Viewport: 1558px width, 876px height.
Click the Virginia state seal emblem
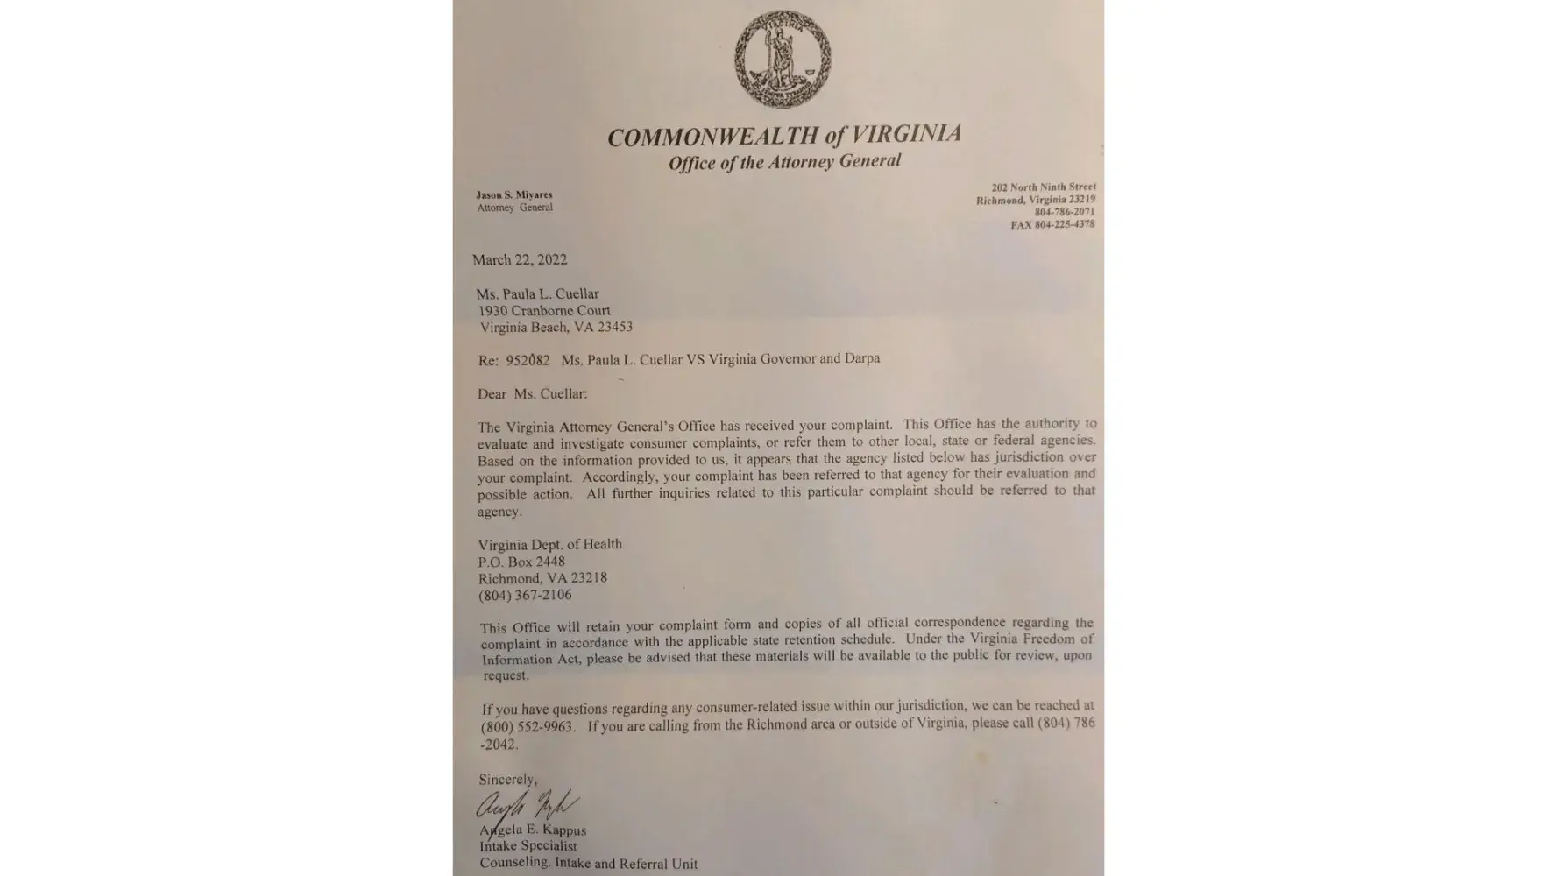point(783,59)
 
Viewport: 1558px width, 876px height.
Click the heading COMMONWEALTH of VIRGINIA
point(784,136)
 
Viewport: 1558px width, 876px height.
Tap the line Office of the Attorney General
point(784,162)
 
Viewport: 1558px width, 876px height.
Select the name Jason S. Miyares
point(514,194)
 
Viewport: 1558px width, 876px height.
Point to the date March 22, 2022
point(520,259)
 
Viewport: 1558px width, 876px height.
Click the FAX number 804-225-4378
point(1052,224)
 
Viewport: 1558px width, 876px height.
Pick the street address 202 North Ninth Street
point(1044,187)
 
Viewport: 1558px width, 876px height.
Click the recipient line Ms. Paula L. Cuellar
point(538,293)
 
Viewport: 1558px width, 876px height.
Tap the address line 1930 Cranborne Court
point(544,310)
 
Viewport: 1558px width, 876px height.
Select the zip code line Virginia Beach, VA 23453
point(556,327)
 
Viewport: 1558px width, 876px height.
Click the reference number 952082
point(528,359)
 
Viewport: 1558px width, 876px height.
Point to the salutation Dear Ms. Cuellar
point(533,393)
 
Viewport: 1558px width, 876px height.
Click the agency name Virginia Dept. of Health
point(550,544)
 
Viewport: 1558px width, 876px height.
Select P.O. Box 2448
point(521,562)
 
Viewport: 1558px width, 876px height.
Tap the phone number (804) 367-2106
point(525,595)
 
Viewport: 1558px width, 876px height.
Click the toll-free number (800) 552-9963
point(527,726)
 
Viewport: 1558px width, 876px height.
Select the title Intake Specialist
point(528,846)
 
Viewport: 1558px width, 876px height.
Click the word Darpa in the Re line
point(862,358)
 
